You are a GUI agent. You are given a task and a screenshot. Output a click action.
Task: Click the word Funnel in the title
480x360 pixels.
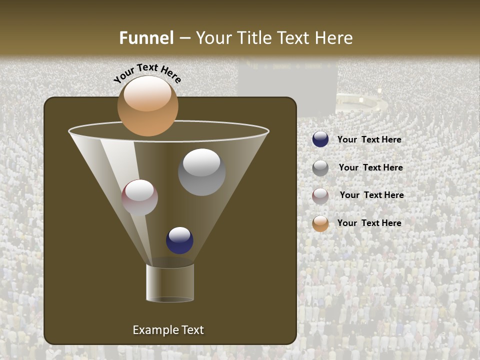pyautogui.click(x=146, y=38)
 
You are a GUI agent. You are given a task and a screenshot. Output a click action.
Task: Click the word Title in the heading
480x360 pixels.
pyautogui.click(x=255, y=38)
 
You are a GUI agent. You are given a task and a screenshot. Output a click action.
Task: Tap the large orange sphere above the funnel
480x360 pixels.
pyautogui.click(x=147, y=105)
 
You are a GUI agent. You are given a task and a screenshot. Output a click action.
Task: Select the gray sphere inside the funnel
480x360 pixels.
pyautogui.click(x=201, y=171)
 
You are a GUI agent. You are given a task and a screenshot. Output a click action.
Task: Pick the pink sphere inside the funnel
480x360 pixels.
pyautogui.click(x=139, y=197)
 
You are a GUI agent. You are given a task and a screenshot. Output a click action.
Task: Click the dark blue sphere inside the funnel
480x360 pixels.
pyautogui.click(x=179, y=240)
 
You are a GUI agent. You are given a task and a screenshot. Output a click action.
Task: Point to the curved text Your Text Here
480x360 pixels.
pyautogui.click(x=147, y=73)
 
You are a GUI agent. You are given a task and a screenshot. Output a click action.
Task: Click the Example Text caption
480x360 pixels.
pyautogui.click(x=168, y=330)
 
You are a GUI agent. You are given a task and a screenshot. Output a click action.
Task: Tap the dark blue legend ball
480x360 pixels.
pyautogui.click(x=320, y=139)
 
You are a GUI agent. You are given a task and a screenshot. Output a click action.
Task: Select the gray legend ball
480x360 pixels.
pyautogui.click(x=320, y=168)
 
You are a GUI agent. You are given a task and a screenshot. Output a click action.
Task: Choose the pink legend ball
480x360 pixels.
pyautogui.click(x=320, y=196)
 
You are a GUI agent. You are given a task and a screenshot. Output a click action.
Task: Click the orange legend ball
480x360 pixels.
pyautogui.click(x=320, y=223)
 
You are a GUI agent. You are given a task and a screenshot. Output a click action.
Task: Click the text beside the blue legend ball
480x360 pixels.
pyautogui.click(x=369, y=140)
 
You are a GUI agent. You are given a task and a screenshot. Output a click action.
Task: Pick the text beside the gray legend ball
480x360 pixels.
pyautogui.click(x=370, y=168)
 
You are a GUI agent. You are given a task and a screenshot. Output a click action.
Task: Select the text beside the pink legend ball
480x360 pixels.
pyautogui.click(x=371, y=195)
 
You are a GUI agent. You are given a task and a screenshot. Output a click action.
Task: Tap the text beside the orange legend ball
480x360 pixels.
pyautogui.click(x=369, y=223)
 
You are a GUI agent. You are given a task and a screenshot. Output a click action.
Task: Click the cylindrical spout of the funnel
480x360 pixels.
pyautogui.click(x=170, y=282)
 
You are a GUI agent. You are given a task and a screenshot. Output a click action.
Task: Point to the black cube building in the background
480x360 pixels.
pyautogui.click(x=287, y=85)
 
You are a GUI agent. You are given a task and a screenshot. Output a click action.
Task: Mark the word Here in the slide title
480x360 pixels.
pyautogui.click(x=334, y=38)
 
